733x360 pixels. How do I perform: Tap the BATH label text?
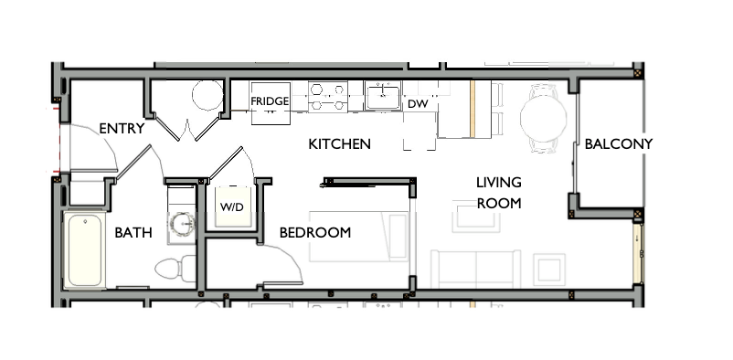pos(133,233)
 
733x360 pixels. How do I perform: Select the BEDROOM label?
pos(315,232)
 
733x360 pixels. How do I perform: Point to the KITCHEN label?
pos(339,144)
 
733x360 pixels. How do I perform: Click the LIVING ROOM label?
pos(498,192)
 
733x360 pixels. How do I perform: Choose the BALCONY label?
pos(619,144)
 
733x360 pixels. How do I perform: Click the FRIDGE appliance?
pos(270,101)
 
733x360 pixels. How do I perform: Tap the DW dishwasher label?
pos(418,104)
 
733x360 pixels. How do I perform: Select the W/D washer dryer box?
pos(230,206)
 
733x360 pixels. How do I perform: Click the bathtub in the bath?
pos(85,249)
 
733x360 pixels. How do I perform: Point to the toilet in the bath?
pos(174,268)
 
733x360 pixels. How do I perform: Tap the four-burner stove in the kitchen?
pos(328,97)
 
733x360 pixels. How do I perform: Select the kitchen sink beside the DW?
pos(381,95)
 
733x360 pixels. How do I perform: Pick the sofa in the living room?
pos(475,269)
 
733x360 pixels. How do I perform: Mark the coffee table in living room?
pos(475,219)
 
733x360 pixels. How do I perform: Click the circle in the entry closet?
pos(207,95)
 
